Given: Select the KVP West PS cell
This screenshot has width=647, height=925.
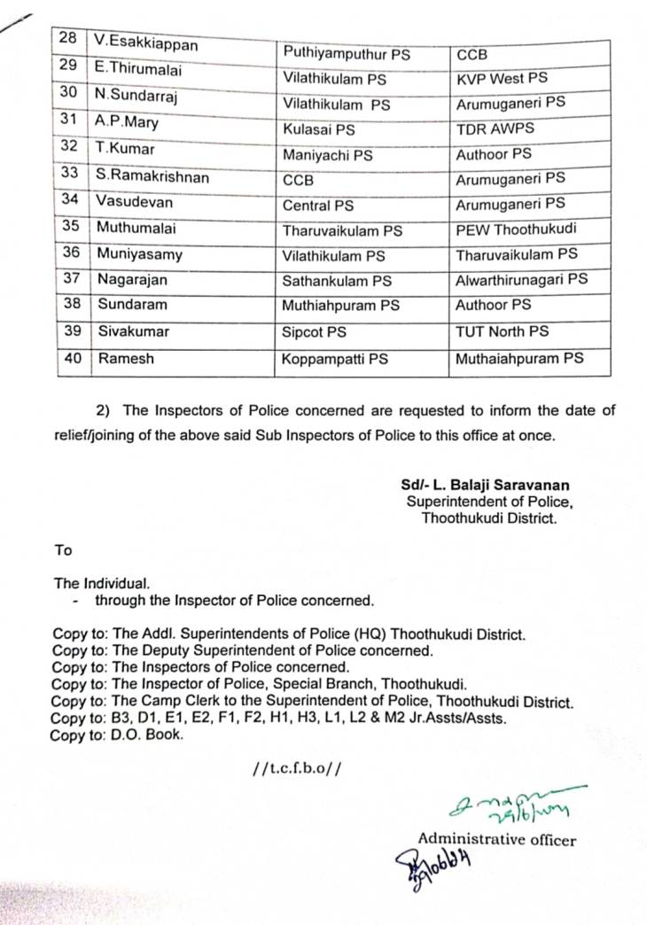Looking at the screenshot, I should (501, 78).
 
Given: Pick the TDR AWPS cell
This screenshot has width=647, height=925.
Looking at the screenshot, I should (495, 129).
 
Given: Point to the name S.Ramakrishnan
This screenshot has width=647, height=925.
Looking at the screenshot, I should (152, 176).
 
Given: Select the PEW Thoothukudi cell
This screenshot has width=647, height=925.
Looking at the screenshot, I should (516, 229).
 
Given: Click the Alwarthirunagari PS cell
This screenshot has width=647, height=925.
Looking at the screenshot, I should (521, 279).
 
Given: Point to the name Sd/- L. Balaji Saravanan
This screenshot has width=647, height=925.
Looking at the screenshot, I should (484, 485).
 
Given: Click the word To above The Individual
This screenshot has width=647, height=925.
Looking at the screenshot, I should (63, 550).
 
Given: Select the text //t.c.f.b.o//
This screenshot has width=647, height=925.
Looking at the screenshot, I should (296, 767).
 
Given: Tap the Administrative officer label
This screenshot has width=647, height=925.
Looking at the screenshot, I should (496, 839).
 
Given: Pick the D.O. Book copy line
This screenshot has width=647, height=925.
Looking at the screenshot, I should (116, 735).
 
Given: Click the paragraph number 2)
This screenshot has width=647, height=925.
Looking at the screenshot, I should (105, 409).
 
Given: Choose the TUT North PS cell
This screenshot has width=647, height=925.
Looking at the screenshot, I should (502, 331).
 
